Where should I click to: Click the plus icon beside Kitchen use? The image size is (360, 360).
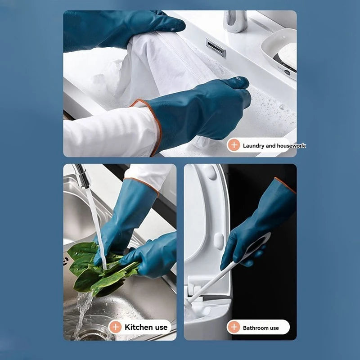pos(116,327)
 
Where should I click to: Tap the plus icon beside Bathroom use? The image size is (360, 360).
pos(234,327)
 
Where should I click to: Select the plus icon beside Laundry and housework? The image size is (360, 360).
pos(234,145)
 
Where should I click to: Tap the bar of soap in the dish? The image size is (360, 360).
pos(288,55)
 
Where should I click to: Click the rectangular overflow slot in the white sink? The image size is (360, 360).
pos(216,48)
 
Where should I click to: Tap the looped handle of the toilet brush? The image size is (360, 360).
pos(256,246)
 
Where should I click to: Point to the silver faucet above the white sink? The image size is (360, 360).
pos(235,21)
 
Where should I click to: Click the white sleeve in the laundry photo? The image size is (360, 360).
pos(110,132)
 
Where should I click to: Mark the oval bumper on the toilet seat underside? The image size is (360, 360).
pos(218,241)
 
